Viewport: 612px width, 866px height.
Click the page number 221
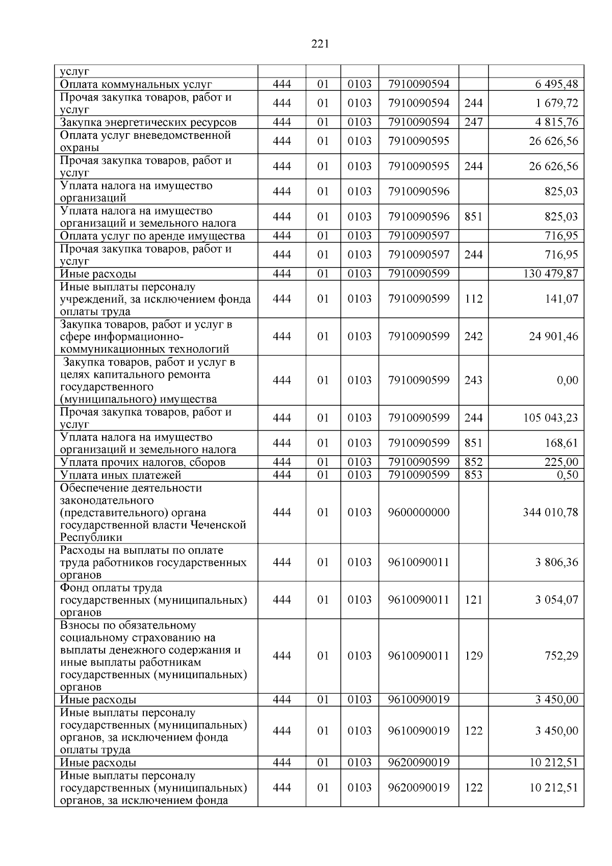click(x=320, y=44)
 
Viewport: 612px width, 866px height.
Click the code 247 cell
click(x=473, y=122)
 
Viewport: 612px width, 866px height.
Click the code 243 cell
click(x=473, y=381)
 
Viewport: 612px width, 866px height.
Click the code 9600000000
click(x=419, y=512)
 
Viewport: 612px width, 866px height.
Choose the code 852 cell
click(x=473, y=462)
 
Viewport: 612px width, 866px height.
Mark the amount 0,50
click(x=567, y=475)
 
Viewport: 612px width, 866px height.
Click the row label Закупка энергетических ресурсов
click(x=148, y=122)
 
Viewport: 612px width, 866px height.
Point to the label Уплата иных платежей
click(x=121, y=475)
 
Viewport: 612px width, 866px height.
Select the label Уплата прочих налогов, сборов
click(x=143, y=462)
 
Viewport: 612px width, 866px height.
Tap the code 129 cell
click(x=473, y=656)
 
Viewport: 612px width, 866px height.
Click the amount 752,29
click(x=562, y=656)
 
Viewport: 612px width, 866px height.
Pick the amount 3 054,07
click(x=557, y=600)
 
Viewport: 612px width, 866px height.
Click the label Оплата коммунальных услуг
click(x=136, y=84)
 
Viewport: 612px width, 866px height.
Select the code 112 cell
click(x=473, y=299)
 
